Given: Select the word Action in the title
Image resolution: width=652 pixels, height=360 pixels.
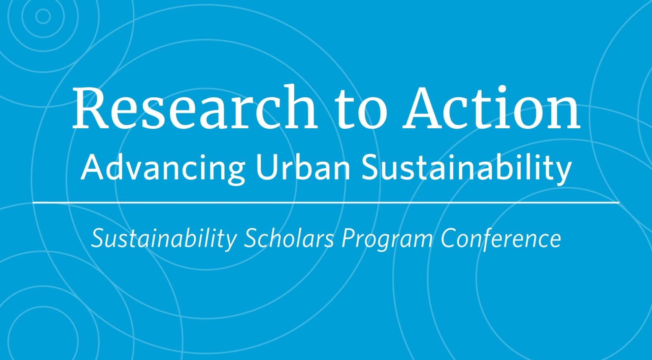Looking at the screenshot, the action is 491,107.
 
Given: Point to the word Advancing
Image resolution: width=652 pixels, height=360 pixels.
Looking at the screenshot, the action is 163,169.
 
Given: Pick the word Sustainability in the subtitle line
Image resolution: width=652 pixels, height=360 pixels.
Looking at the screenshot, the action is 466,168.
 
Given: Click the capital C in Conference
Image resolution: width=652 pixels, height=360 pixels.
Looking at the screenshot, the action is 450,238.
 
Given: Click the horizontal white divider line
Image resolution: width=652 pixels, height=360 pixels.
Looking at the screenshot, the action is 326,202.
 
